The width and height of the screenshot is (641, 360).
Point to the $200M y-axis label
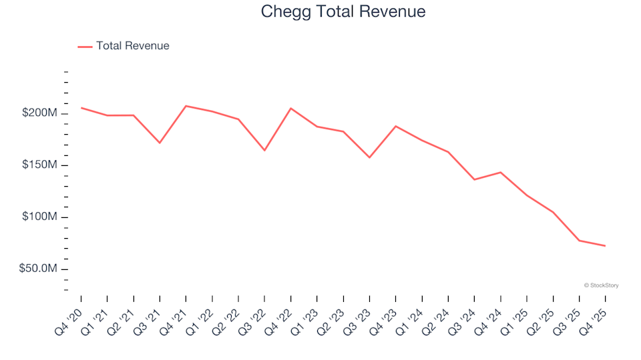tap(40, 113)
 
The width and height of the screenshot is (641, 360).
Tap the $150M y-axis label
tap(40, 165)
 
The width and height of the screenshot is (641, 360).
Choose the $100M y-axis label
tap(40, 217)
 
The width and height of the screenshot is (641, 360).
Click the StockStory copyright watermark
tap(601, 285)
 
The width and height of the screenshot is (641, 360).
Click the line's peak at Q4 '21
tap(186, 106)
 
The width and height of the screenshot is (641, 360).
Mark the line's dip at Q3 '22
tap(264, 150)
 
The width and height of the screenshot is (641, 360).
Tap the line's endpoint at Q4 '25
tap(605, 246)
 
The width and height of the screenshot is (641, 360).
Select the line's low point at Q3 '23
tap(369, 157)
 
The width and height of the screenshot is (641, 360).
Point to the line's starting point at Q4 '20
tap(81, 108)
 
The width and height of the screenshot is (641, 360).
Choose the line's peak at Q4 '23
tap(396, 126)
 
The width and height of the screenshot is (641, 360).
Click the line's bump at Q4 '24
tap(500, 172)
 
